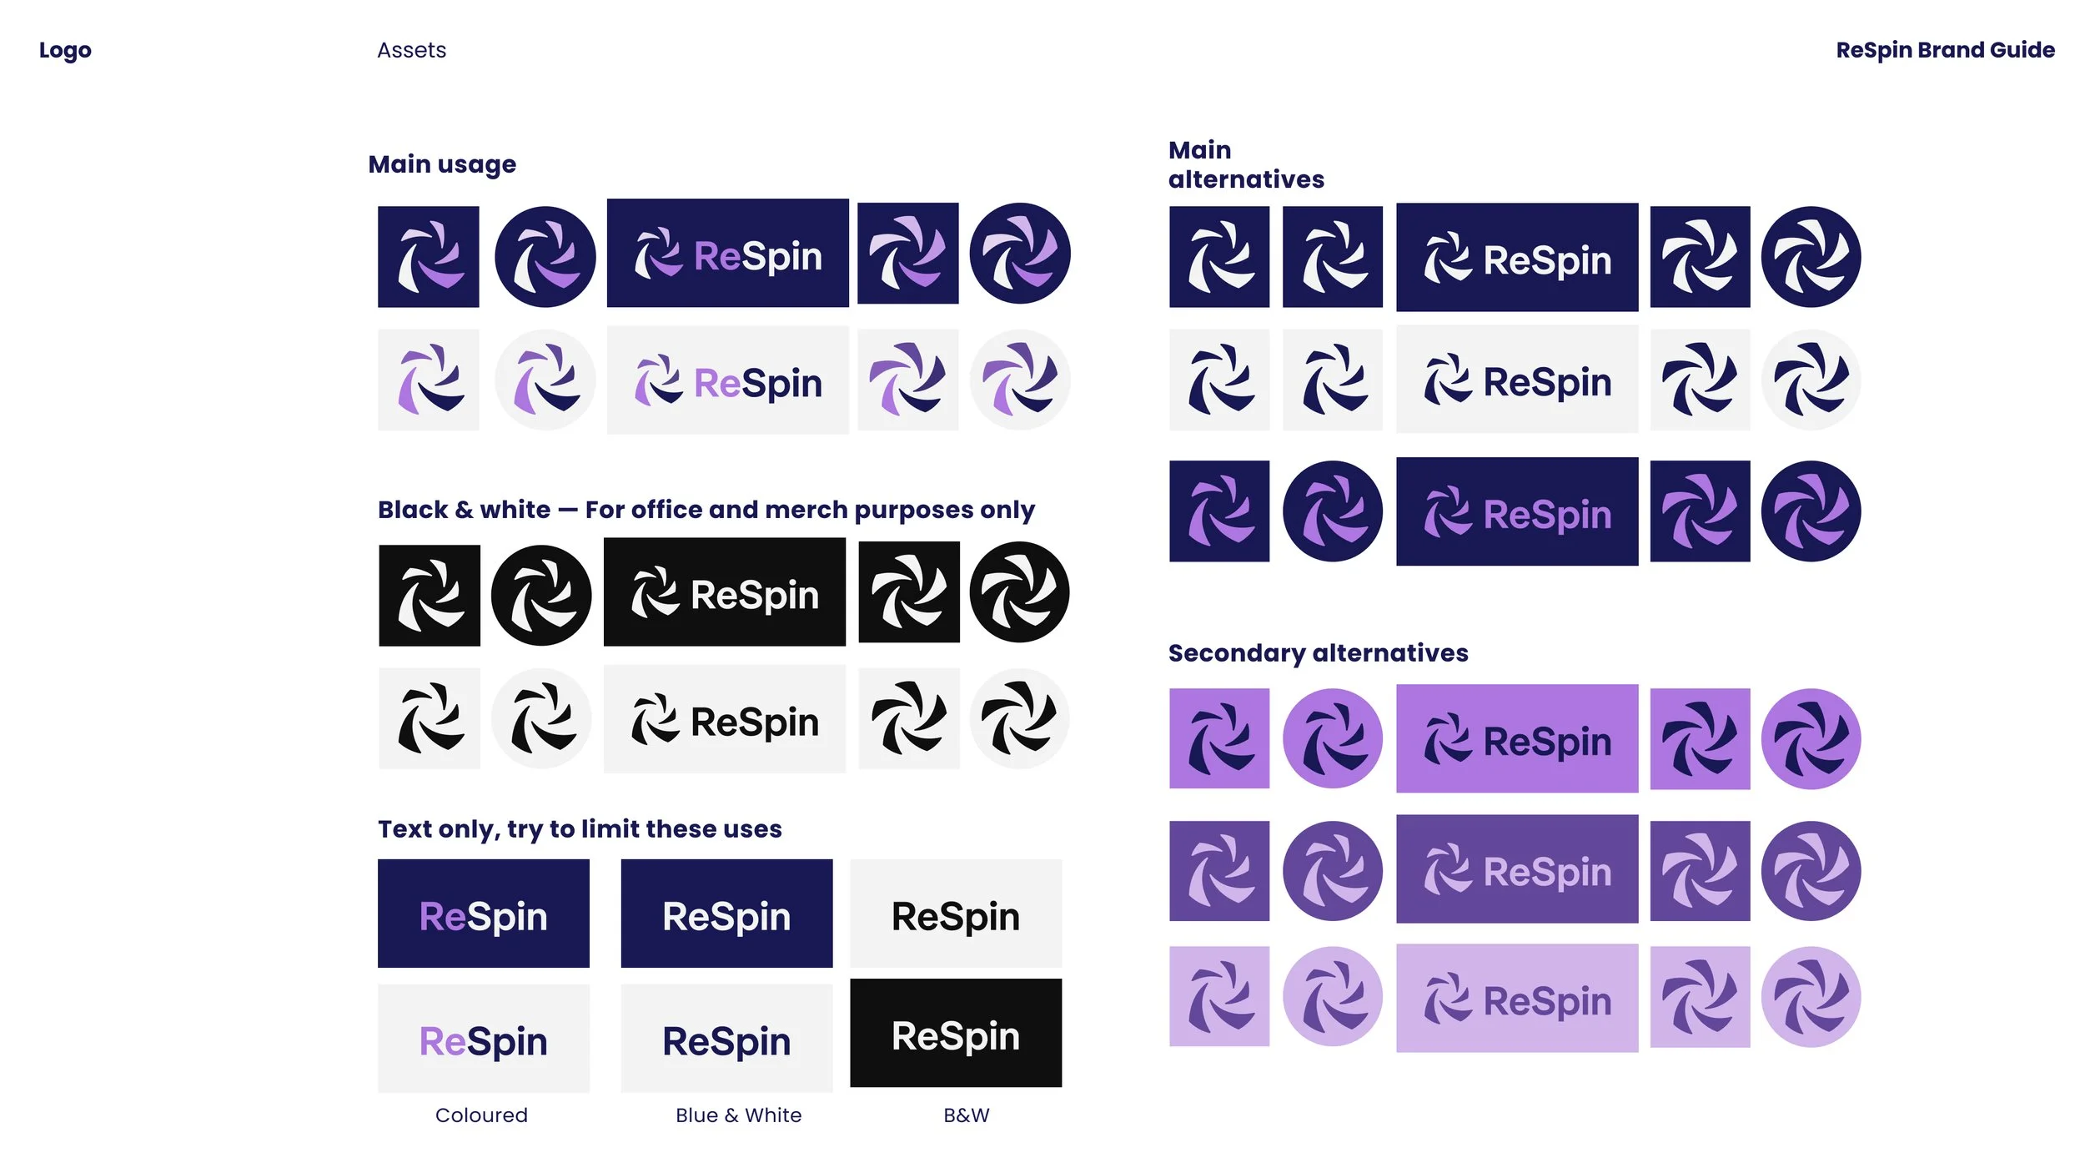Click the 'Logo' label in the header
(x=65, y=50)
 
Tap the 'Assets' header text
(x=411, y=50)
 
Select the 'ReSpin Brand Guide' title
(x=1945, y=50)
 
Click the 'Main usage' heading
(x=442, y=164)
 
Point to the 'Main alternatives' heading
(x=1245, y=164)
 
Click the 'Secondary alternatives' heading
(x=1318, y=652)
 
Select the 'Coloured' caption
(x=481, y=1115)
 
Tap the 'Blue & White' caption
(x=738, y=1115)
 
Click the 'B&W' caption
(x=966, y=1115)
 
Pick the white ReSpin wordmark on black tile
(x=956, y=1036)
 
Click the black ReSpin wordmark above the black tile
(x=956, y=916)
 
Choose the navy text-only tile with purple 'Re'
(x=484, y=914)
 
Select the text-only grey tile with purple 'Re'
(x=484, y=1040)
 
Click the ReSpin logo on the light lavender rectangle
(x=1517, y=999)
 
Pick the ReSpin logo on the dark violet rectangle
(x=1517, y=869)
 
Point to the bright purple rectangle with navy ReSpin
(x=1517, y=739)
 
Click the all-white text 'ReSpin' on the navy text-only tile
(x=726, y=916)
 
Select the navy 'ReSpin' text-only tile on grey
(x=726, y=1040)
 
